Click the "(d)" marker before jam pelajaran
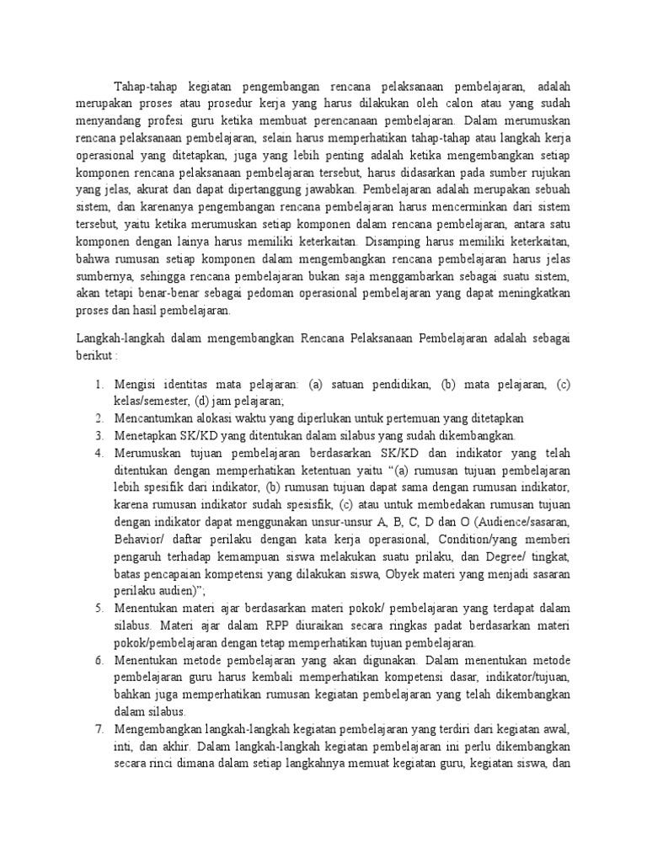pyautogui.click(x=206, y=401)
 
